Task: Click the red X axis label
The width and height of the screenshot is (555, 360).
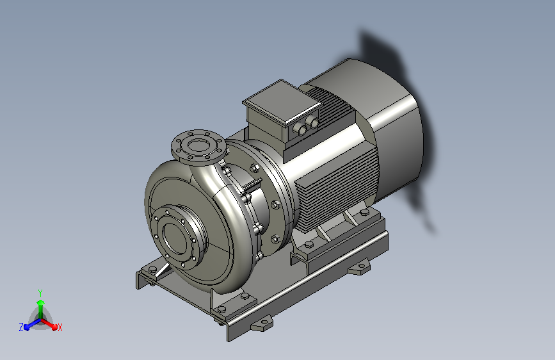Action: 60,328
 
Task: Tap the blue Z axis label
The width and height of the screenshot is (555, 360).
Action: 21,327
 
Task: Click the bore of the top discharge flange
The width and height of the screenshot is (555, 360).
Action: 198,145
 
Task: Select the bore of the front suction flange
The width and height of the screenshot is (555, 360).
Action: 175,238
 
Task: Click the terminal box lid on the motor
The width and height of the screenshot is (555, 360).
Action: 282,101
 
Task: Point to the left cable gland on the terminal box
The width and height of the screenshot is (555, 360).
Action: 302,129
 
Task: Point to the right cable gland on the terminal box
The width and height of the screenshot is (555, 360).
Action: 313,122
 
